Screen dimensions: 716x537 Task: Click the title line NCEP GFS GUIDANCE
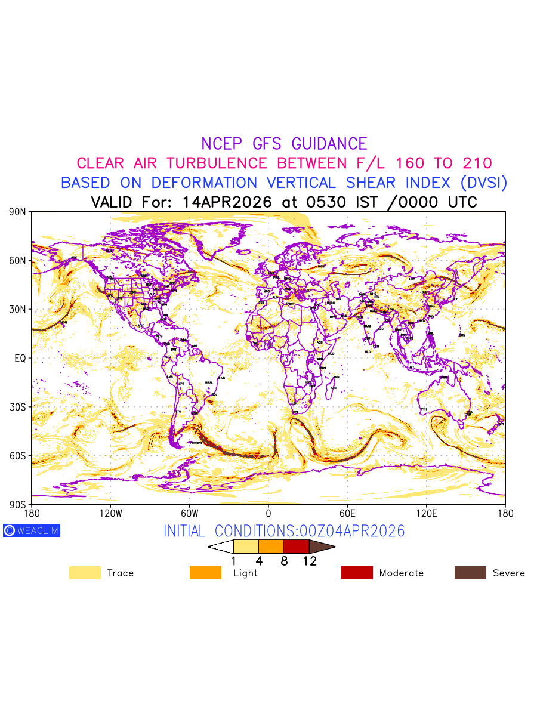pos(284,144)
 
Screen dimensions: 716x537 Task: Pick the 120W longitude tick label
pos(110,513)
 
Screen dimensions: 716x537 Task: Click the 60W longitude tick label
pos(189,513)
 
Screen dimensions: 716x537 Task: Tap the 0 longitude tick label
pos(268,513)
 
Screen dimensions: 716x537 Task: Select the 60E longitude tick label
pos(347,513)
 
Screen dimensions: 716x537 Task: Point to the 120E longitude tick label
pos(426,513)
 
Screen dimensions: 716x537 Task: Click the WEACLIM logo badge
pos(32,530)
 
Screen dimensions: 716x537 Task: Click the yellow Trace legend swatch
pos(85,573)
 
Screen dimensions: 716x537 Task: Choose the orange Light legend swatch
pos(205,573)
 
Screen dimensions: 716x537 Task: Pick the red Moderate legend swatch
pos(357,573)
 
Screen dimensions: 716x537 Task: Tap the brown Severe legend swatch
pos(470,573)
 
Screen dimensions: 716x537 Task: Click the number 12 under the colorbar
pos(309,561)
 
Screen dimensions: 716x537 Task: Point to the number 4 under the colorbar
pos(259,561)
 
